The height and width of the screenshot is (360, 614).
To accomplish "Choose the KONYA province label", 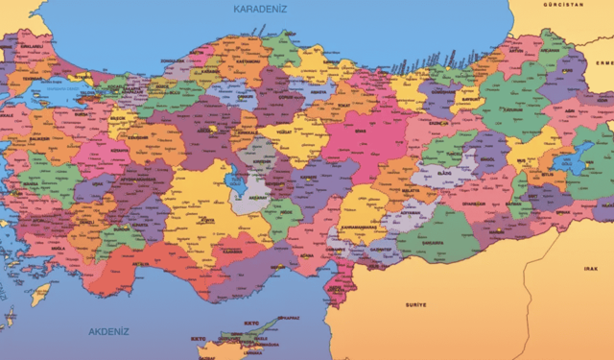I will [205, 220].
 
